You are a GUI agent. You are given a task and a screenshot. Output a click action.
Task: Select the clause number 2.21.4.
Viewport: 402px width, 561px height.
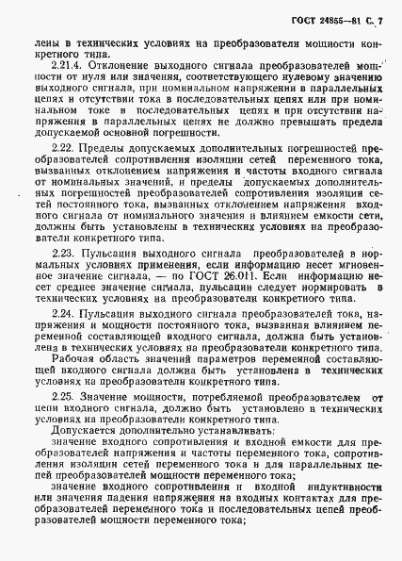pyautogui.click(x=66, y=66)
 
